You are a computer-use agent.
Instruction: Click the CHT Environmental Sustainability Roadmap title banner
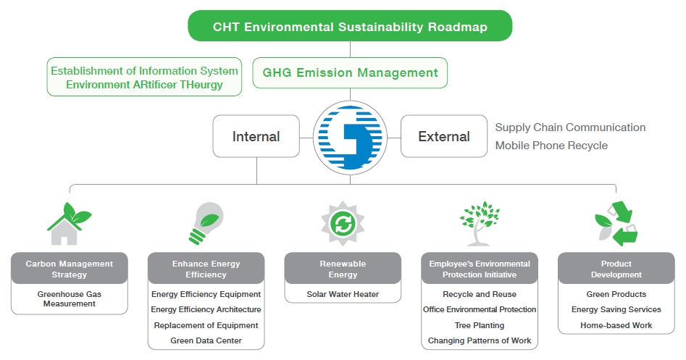[350, 26]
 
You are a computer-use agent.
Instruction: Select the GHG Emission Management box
[350, 72]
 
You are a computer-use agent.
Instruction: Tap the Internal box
[256, 136]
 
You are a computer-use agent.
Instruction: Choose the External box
[444, 136]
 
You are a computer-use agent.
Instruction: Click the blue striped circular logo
[350, 138]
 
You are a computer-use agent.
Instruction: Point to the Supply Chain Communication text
[570, 127]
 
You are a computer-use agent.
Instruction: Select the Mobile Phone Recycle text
[551, 145]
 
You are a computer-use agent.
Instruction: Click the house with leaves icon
[69, 223]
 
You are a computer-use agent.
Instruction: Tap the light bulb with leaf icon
[206, 223]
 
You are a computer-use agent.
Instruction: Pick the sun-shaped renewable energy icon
[343, 224]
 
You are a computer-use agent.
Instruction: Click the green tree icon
[480, 223]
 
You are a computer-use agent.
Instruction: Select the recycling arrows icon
[616, 223]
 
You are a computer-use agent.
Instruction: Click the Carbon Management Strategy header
[69, 269]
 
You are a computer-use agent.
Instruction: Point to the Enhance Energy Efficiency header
[206, 269]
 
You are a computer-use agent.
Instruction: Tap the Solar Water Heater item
[343, 294]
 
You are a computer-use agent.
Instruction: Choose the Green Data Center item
[206, 340]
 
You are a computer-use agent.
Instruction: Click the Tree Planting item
[480, 325]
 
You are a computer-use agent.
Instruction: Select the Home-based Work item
[616, 325]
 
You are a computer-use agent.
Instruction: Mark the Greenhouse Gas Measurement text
[69, 298]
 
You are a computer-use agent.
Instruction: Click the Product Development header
[616, 269]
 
